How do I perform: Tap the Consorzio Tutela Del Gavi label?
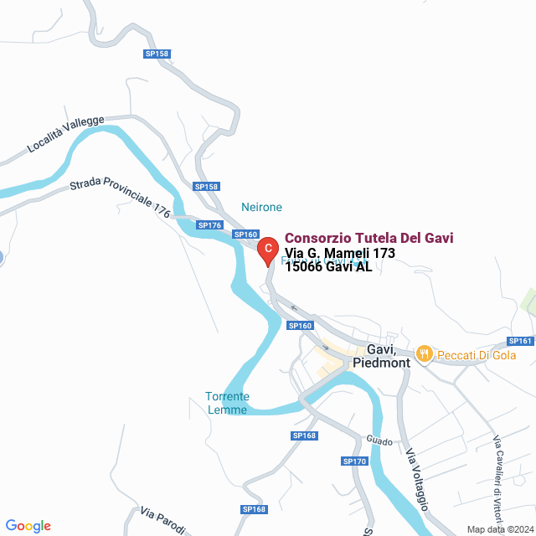(370, 239)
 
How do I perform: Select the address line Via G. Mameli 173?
(339, 254)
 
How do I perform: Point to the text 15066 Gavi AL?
(328, 268)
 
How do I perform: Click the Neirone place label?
(261, 207)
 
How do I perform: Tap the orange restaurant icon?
(425, 354)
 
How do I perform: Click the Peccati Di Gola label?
(481, 355)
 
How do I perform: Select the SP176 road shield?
(209, 225)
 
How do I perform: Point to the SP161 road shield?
(520, 341)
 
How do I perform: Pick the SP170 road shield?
(354, 461)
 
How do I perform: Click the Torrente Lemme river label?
(227, 403)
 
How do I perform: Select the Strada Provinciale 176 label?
(120, 198)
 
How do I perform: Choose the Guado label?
(379, 441)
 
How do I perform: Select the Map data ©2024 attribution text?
(499, 529)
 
